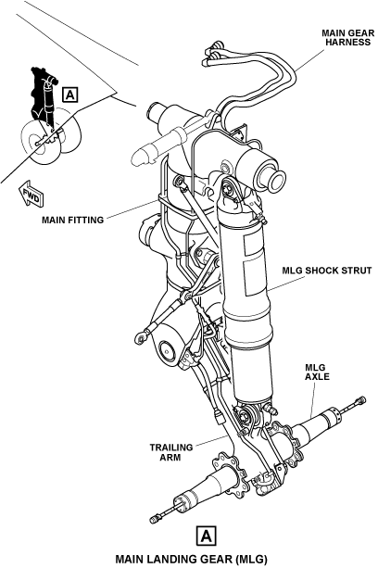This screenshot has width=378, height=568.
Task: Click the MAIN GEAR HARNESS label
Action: click(x=348, y=38)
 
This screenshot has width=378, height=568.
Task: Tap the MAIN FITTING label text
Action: click(x=73, y=220)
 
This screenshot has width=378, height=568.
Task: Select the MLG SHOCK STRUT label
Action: click(x=327, y=271)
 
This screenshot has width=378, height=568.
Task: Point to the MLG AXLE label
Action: click(x=317, y=372)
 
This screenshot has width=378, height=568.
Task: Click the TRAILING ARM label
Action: click(x=171, y=452)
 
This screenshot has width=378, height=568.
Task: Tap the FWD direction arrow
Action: click(x=31, y=195)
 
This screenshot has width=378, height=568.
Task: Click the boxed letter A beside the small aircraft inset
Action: click(x=69, y=95)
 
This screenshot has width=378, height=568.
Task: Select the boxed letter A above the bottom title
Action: click(x=206, y=536)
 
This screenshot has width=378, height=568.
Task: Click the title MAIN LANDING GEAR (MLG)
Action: click(x=191, y=559)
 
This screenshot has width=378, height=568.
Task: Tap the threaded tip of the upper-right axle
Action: click(x=361, y=400)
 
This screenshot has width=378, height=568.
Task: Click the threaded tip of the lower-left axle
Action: click(x=155, y=520)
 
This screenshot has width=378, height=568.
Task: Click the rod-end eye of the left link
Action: click(x=141, y=339)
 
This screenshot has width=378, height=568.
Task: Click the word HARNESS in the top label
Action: click(x=348, y=42)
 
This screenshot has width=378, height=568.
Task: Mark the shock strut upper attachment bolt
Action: click(x=228, y=189)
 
